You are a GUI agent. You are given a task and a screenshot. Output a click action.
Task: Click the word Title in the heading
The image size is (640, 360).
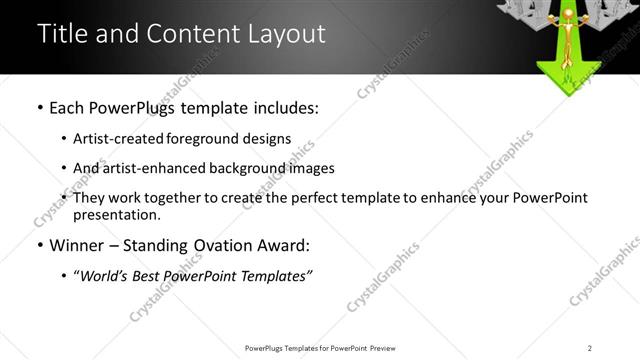click(63, 33)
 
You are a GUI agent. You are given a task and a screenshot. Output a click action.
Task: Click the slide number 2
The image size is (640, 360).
click(590, 348)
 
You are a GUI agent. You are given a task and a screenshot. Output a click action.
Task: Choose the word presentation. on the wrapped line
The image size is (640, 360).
click(116, 215)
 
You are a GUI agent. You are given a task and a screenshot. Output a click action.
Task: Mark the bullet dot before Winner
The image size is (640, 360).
click(39, 245)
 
